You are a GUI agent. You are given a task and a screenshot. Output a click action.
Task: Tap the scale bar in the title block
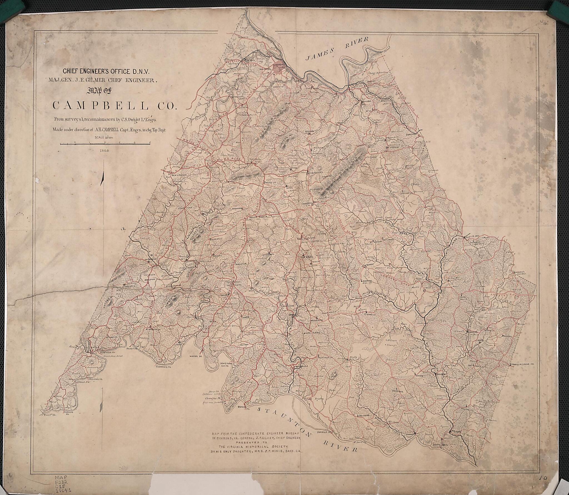[x=105, y=143]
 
